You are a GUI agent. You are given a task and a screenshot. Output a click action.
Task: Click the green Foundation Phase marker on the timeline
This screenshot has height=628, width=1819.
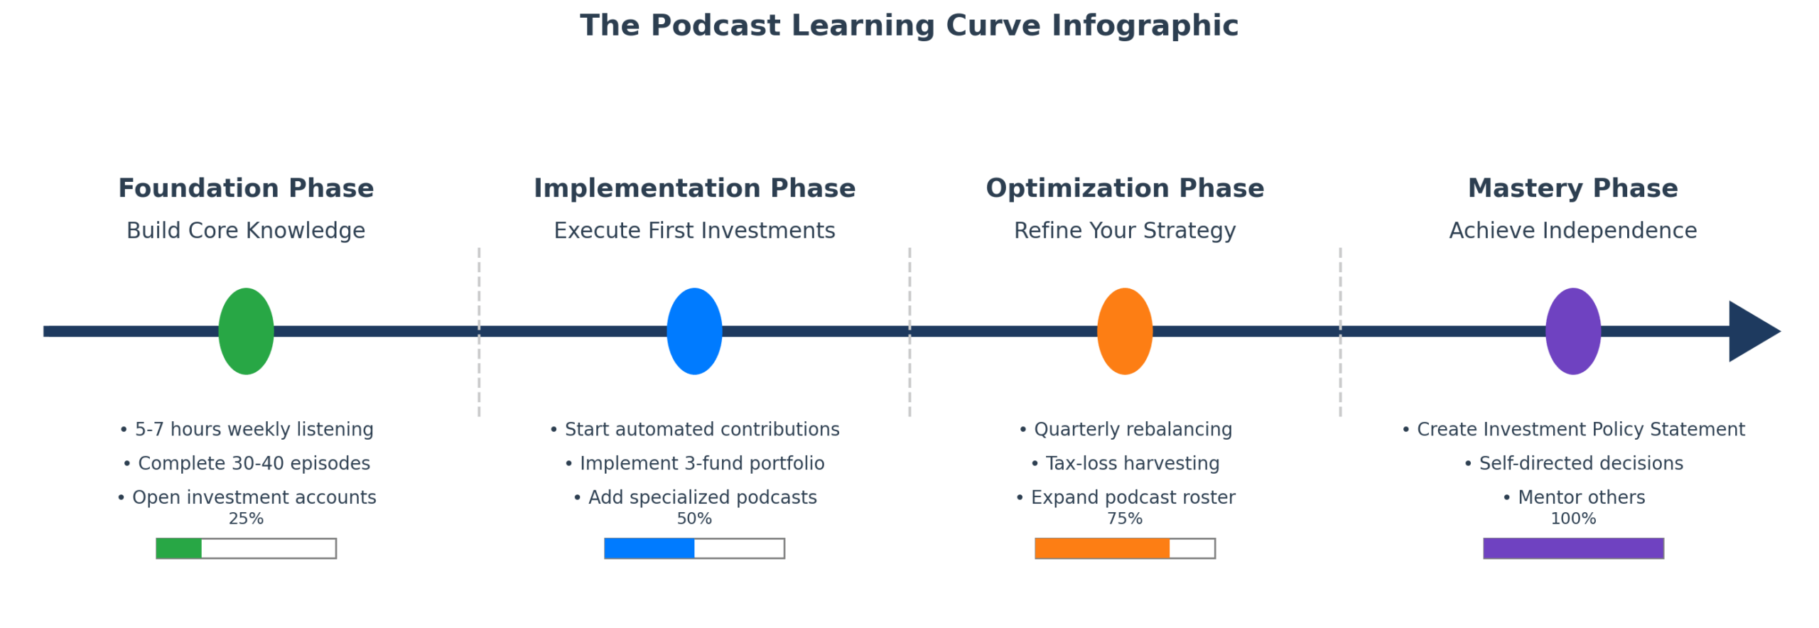[246, 331]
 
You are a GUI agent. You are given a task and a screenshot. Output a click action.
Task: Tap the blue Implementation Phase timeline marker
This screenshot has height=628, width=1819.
[694, 331]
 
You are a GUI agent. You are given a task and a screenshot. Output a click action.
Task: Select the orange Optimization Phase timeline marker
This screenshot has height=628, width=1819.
[1124, 331]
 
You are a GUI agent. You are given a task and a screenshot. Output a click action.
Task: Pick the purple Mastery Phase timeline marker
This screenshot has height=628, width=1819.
[1572, 331]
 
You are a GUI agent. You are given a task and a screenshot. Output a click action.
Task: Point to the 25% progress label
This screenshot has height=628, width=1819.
[246, 519]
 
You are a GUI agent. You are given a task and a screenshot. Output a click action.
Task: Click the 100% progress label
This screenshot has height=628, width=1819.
[1572, 519]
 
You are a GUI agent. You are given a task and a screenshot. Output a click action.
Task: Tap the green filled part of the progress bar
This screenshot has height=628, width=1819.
[179, 548]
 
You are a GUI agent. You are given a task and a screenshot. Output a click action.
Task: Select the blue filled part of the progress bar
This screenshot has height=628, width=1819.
[649, 548]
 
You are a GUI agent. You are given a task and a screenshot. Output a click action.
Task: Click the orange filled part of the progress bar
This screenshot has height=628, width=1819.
[1101, 548]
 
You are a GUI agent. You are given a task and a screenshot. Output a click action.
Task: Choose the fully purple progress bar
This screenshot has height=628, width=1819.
[1572, 548]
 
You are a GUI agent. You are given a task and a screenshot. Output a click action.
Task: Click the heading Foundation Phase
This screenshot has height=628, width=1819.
[246, 188]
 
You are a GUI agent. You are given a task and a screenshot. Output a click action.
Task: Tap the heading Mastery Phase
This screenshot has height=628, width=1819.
[1572, 188]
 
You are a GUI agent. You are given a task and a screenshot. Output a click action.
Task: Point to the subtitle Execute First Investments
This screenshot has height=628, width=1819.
[694, 231]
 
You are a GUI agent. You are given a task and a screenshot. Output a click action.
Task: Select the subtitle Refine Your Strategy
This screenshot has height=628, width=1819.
[1124, 231]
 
